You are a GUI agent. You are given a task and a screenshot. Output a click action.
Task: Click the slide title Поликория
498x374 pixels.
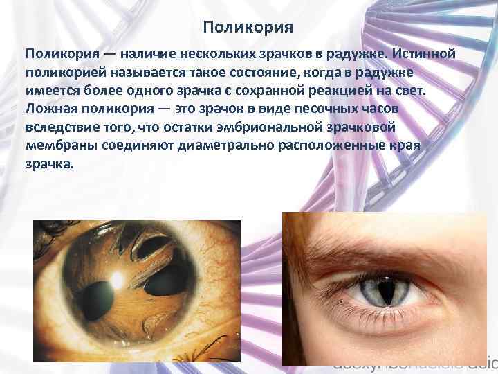pos(249,28)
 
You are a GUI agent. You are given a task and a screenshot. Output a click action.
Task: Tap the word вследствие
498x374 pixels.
pos(63,128)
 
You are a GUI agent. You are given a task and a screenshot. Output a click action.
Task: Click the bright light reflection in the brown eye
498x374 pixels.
pos(118,279)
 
